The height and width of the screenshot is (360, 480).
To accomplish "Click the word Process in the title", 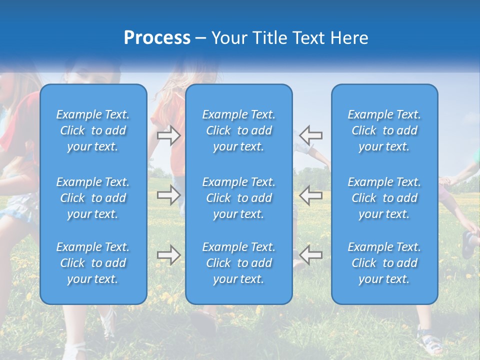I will pyautogui.click(x=157, y=38).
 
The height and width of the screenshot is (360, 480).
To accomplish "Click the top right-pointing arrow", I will pyautogui.click(x=168, y=135).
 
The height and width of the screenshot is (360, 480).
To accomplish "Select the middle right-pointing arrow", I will pyautogui.click(x=168, y=195).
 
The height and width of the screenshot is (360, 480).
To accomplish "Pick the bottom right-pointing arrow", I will pyautogui.click(x=168, y=255).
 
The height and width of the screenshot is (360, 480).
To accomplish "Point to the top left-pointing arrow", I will pyautogui.click(x=311, y=135).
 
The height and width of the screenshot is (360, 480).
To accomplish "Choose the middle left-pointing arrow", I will pyautogui.click(x=311, y=195).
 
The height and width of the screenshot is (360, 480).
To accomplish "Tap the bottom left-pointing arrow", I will pyautogui.click(x=311, y=255).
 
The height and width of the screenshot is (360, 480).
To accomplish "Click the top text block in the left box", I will pyautogui.click(x=93, y=130).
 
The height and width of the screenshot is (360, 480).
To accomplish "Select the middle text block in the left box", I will pyautogui.click(x=93, y=198).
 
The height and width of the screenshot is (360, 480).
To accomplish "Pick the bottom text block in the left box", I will pyautogui.click(x=93, y=263).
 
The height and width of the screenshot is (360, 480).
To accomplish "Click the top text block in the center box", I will pyautogui.click(x=239, y=130).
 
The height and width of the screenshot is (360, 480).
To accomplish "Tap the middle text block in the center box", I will pyautogui.click(x=239, y=198).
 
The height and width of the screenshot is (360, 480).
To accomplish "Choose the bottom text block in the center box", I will pyautogui.click(x=239, y=263).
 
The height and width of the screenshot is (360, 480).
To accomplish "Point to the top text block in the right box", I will pyautogui.click(x=384, y=130).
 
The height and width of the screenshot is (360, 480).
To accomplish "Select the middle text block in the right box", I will pyautogui.click(x=384, y=198).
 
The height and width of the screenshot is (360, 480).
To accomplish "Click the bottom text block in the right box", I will pyautogui.click(x=384, y=263).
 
